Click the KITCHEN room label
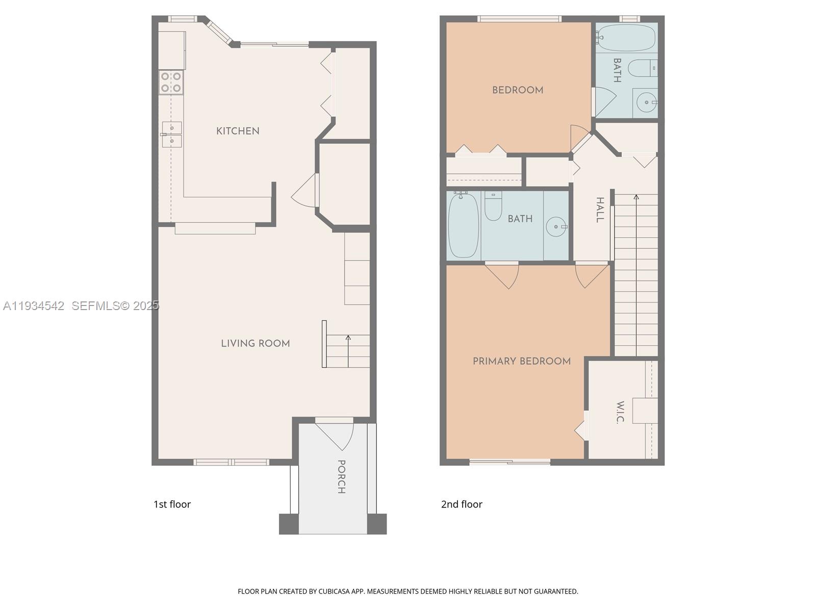[238, 131]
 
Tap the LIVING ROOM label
[255, 344]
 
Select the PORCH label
[341, 477]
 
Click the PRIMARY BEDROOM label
[521, 362]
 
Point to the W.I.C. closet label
[620, 413]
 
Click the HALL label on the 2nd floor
[600, 210]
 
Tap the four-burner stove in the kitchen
[171, 83]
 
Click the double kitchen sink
[172, 134]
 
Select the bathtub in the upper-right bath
[626, 38]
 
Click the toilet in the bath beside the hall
[493, 206]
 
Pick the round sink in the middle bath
[556, 226]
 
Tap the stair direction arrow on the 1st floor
[348, 338]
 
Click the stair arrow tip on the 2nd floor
[636, 196]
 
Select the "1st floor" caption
[172, 504]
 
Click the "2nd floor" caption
[462, 504]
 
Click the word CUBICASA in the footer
[336, 592]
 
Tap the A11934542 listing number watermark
[34, 306]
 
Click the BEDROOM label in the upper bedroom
[517, 90]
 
